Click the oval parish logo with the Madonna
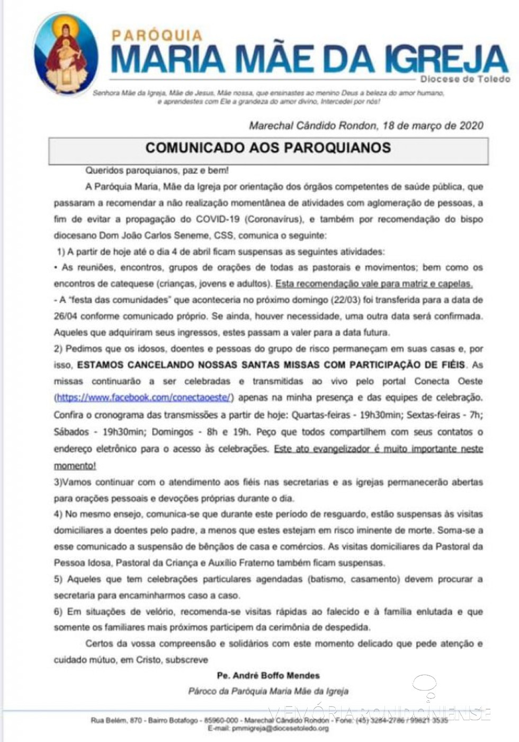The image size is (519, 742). (x=66, y=55)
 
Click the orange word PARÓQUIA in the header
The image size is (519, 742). (x=157, y=36)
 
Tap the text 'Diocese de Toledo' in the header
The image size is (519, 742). (x=465, y=79)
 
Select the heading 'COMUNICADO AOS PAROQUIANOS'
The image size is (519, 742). (x=268, y=148)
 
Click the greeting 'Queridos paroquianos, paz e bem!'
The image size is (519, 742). (x=157, y=171)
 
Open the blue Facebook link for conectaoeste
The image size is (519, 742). (x=144, y=397)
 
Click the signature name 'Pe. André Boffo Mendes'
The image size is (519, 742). (x=268, y=676)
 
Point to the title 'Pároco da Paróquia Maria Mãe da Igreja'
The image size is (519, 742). (x=268, y=691)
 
